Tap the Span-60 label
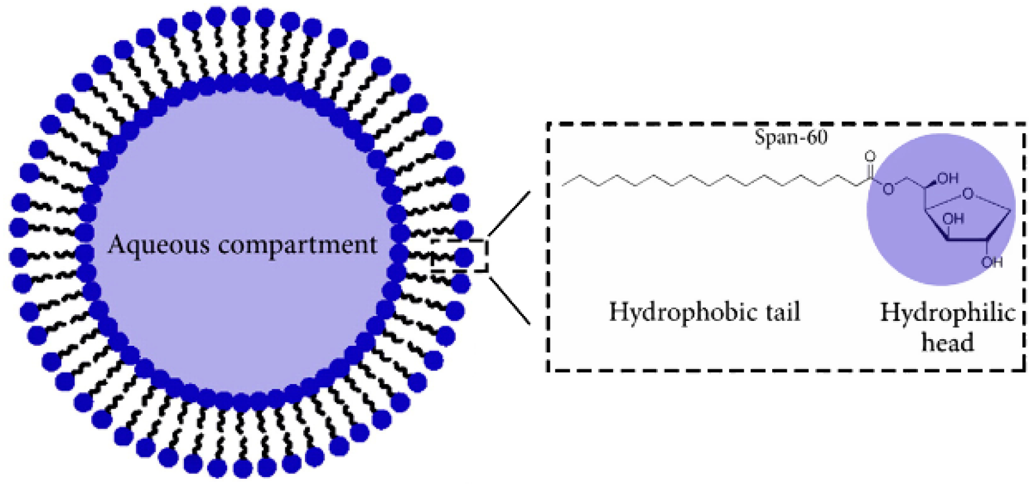click(x=790, y=137)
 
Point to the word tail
click(x=779, y=312)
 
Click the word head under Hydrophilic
click(x=947, y=342)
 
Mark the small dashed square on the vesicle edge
click(x=459, y=256)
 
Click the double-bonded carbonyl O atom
click(x=871, y=157)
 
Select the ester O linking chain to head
click(x=888, y=189)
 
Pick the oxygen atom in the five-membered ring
click(x=968, y=194)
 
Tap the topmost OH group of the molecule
click(x=947, y=178)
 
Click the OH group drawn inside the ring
click(x=953, y=218)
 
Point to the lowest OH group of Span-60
click(x=991, y=262)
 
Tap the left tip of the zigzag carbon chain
click(x=563, y=182)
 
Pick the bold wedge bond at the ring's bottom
click(x=966, y=239)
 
